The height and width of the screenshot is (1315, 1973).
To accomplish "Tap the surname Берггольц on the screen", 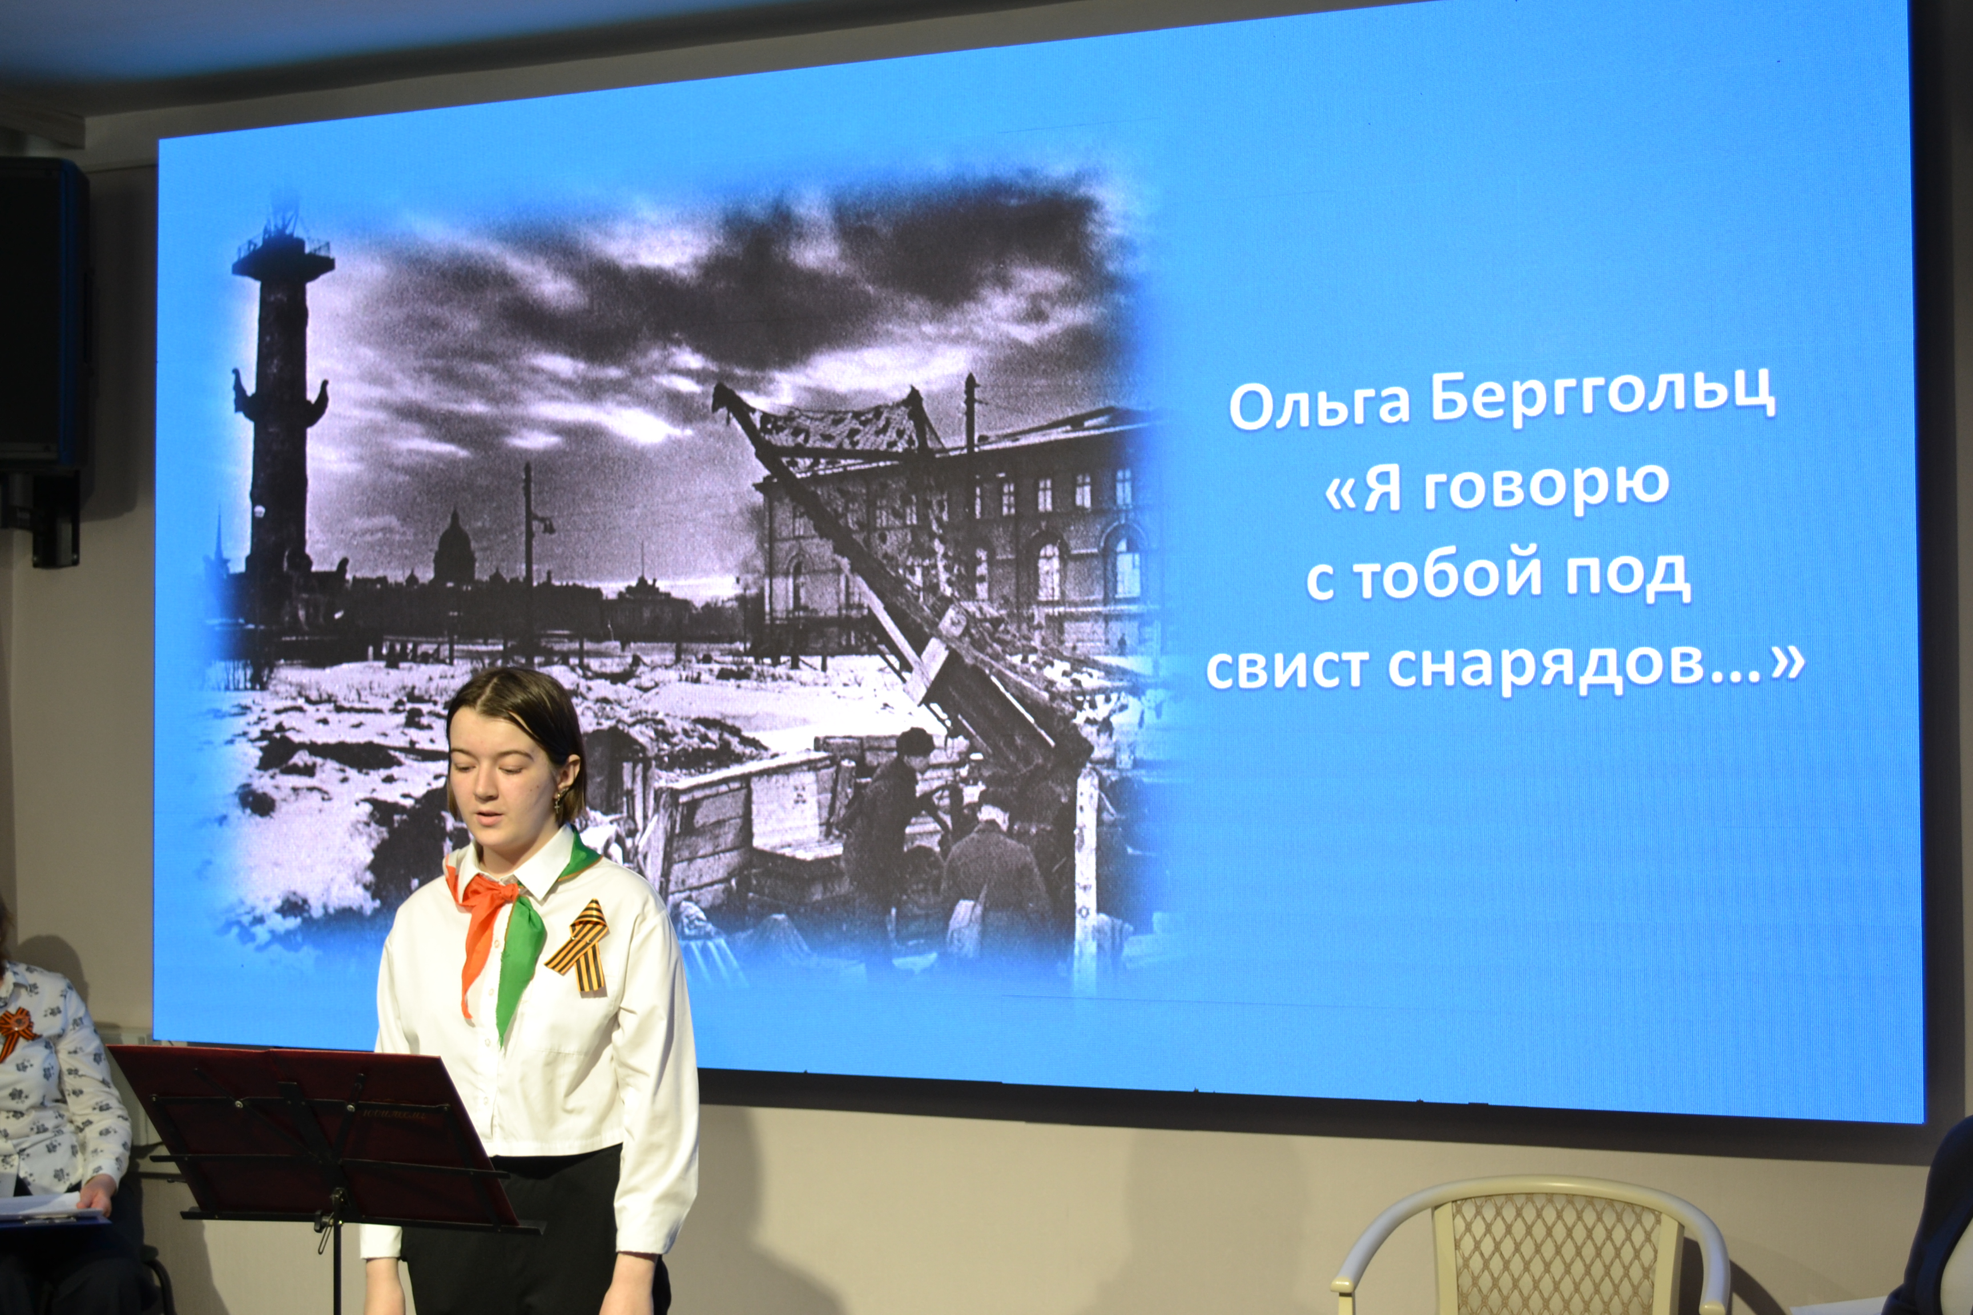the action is pyautogui.click(x=1603, y=396).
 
